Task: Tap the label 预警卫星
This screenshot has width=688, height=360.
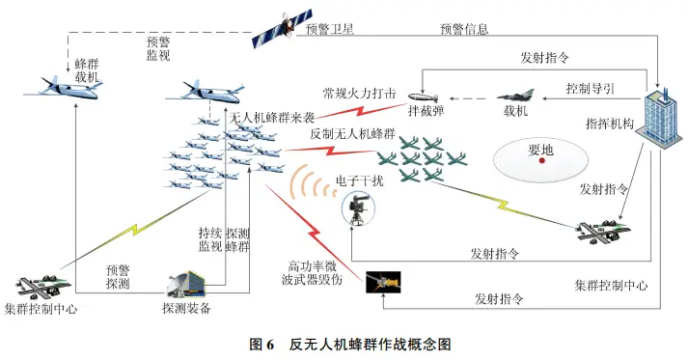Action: [330, 30]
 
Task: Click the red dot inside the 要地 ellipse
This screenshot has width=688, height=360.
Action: [542, 161]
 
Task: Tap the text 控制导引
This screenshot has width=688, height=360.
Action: [592, 89]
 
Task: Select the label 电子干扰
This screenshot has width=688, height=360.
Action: [359, 180]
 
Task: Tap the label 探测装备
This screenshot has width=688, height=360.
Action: [186, 309]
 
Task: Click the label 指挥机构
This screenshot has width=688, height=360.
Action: [609, 124]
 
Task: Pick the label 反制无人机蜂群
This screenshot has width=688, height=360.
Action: [353, 134]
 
